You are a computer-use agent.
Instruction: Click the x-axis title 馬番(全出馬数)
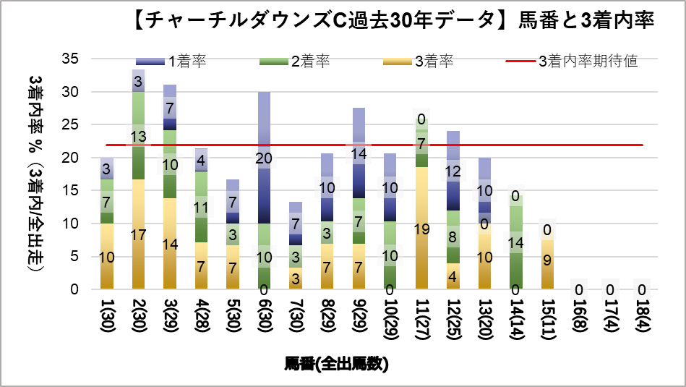[x=337, y=364]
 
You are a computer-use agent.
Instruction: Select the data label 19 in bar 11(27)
[x=421, y=229]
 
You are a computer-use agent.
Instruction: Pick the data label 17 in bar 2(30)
[x=138, y=235]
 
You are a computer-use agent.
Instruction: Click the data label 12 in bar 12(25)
[x=453, y=171]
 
